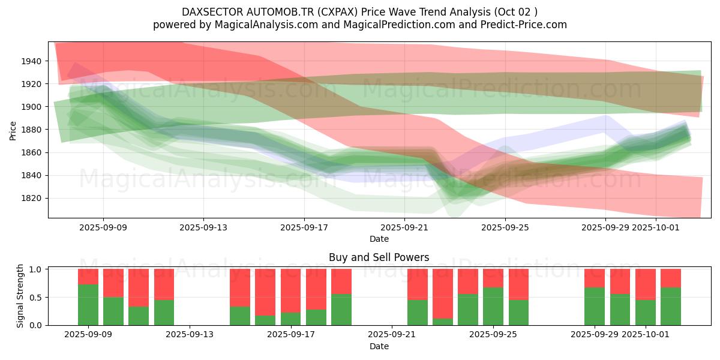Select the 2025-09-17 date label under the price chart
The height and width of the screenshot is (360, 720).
coord(304,227)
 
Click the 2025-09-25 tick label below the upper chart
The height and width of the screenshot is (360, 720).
coord(505,227)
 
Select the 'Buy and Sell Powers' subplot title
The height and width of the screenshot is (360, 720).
coord(379,257)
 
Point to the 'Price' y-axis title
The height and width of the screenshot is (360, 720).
coord(13,130)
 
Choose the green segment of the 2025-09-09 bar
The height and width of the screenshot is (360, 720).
coord(88,305)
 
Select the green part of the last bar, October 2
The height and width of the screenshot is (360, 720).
coord(671,307)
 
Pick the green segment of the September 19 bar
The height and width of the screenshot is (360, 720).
coord(341,310)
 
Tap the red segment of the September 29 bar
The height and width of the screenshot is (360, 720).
coord(595,278)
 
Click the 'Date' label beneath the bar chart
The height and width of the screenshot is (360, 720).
coord(379,346)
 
